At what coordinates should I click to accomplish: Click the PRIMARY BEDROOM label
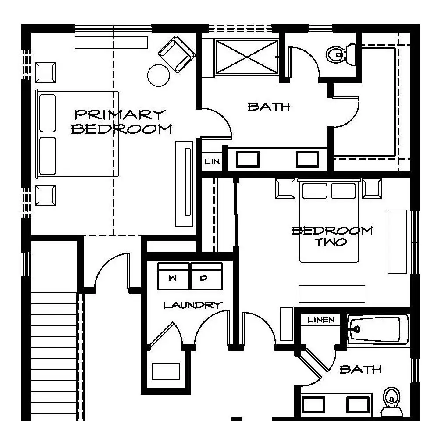pos(121,121)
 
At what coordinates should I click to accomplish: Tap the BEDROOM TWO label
pos(332,236)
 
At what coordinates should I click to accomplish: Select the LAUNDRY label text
pos(193,305)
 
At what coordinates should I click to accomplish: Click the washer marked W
pos(173,276)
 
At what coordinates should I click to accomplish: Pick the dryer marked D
pos(206,276)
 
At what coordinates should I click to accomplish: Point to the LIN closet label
pos(212,162)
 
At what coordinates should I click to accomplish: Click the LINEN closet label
pos(321,320)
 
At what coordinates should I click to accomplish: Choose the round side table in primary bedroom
pos(159,75)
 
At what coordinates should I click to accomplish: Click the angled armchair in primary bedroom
pos(177,54)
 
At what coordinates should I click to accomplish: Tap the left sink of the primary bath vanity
pos(248,159)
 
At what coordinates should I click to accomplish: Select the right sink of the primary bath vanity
pos(307,159)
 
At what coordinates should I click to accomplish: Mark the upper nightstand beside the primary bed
pos(45,73)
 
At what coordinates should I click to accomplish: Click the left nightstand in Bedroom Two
pos(285,189)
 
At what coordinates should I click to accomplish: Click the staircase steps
pos(53,357)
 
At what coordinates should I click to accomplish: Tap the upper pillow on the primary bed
pos(47,113)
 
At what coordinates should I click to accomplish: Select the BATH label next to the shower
pos(269,107)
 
